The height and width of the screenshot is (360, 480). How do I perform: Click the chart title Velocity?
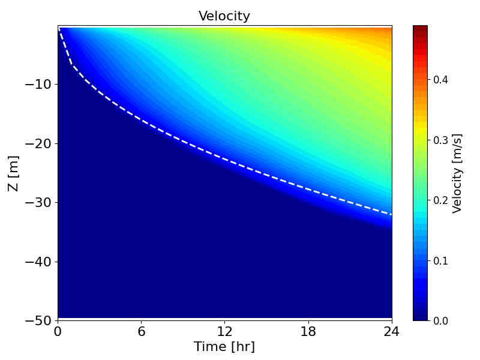pos(224,16)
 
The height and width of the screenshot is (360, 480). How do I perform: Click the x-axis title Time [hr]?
pos(224,347)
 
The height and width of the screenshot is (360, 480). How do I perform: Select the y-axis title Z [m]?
pos(13,173)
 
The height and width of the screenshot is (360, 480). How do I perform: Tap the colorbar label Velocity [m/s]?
pos(457,173)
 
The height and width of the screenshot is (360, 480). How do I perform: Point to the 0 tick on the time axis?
pos(58,331)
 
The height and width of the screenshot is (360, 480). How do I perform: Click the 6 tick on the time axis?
pos(142,331)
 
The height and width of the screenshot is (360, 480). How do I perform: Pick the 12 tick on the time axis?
pos(224,331)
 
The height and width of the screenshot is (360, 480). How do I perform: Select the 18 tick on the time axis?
pos(308,331)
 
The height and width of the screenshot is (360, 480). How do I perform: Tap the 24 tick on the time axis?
pos(391,331)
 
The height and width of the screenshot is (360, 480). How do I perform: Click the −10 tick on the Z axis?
pos(38,84)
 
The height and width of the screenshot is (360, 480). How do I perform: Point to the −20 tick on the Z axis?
pos(38,143)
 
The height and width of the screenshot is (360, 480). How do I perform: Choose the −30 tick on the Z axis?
pos(38,202)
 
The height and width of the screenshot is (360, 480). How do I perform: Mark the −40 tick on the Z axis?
pos(38,262)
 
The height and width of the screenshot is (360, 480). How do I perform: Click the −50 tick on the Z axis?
pos(38,320)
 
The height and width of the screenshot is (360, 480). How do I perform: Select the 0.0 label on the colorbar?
pos(441,320)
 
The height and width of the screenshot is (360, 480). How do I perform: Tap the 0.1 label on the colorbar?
pos(441,260)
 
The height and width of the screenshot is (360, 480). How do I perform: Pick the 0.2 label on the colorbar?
pos(441,200)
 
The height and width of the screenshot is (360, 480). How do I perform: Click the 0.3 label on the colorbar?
pos(441,140)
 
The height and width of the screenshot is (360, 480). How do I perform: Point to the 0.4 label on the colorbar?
pos(441,79)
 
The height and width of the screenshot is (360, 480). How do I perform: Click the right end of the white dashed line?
pos(391,214)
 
